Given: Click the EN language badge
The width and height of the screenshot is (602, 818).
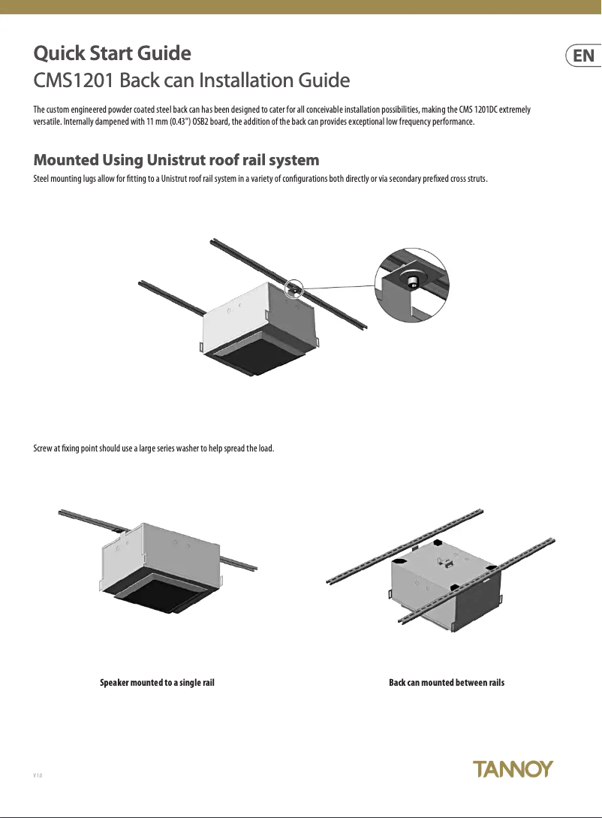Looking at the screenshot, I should pos(582,56).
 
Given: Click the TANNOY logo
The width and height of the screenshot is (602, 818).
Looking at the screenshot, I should pos(513,768).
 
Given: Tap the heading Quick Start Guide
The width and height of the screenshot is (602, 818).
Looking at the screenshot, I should pos(113,54).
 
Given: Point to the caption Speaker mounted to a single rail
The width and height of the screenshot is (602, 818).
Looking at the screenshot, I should pos(158,683).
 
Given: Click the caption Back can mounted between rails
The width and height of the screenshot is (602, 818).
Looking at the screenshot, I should pos(447,683).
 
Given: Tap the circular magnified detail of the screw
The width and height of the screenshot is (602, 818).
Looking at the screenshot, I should pos(411,285).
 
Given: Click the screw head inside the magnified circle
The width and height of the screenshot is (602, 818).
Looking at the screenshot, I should pos(413,282).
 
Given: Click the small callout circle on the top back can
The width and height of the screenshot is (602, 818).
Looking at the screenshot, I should pos(294,287).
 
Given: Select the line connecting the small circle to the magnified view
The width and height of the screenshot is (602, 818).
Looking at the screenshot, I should pos(338,287).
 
